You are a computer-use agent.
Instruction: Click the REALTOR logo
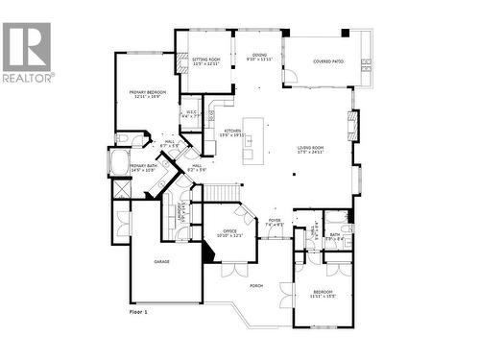click(x=28, y=52)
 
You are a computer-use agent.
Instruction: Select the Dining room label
click(x=259, y=58)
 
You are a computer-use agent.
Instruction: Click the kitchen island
click(x=252, y=139)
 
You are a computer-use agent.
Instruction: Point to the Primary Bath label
click(x=145, y=168)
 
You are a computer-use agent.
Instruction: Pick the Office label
click(x=229, y=232)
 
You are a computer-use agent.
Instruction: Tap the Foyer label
click(x=275, y=224)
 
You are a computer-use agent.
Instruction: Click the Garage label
click(x=162, y=260)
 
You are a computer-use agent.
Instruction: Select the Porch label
click(x=256, y=285)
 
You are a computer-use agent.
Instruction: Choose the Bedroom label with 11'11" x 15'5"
click(x=322, y=294)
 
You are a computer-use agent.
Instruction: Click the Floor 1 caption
click(x=140, y=312)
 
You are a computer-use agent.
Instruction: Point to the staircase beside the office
click(x=218, y=193)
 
